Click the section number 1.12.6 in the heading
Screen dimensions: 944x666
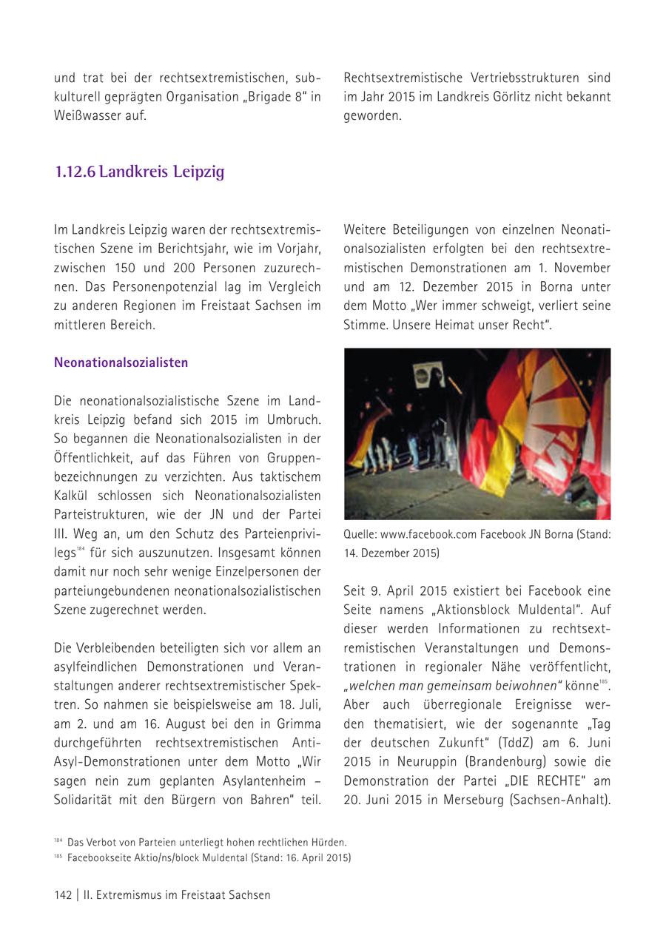75,172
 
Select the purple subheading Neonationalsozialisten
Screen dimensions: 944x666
121,363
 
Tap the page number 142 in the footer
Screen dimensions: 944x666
63,894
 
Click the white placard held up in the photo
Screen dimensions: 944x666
428,374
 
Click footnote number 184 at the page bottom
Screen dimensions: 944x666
58,841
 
